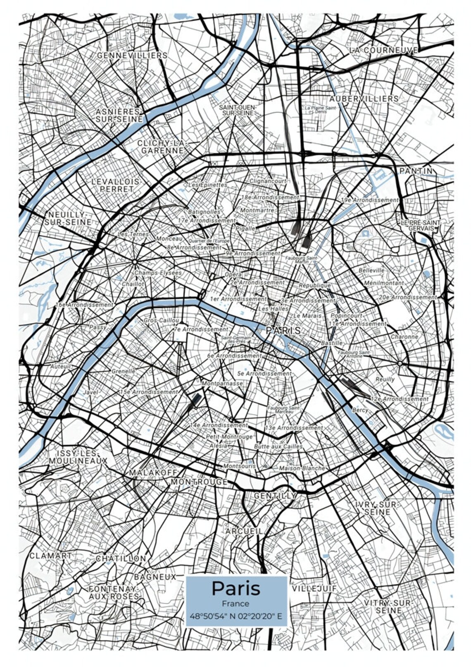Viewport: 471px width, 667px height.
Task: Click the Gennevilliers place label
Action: [132, 55]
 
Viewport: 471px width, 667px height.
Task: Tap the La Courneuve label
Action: [383, 50]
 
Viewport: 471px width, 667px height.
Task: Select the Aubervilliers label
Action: [364, 99]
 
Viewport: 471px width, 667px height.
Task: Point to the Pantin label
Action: [416, 171]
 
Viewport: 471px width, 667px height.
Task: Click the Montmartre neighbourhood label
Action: [257, 210]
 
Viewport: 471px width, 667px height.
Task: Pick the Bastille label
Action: [332, 343]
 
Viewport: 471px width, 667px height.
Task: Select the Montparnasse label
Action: [222, 384]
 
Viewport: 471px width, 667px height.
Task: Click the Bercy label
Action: [360, 410]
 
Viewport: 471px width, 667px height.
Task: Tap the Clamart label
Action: [50, 556]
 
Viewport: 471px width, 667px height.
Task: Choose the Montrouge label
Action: [199, 482]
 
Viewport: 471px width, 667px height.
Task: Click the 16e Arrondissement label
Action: [85, 305]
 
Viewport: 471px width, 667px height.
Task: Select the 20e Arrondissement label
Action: [407, 297]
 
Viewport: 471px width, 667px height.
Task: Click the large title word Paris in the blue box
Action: [236, 588]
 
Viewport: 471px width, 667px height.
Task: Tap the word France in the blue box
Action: [235, 603]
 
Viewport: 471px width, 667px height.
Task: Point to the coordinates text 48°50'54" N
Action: [209, 616]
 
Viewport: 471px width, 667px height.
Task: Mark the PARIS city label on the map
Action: [283, 331]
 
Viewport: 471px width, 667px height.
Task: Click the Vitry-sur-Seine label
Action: [387, 607]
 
